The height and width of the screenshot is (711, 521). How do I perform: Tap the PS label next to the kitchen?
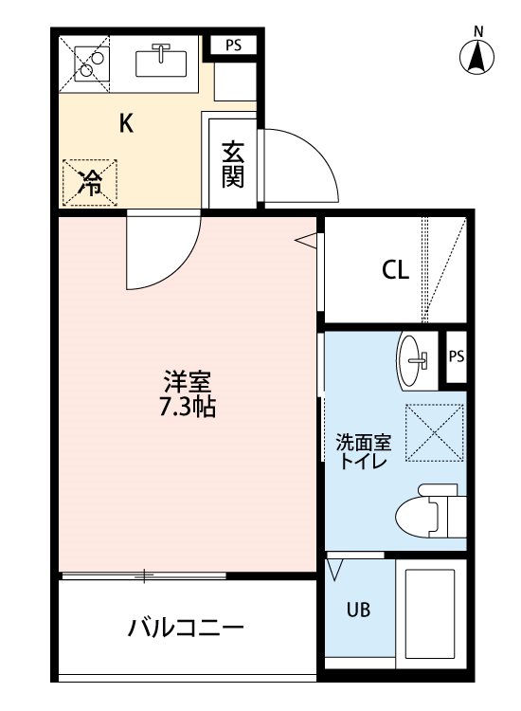click(234, 46)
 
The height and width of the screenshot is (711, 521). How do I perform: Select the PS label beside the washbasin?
click(457, 356)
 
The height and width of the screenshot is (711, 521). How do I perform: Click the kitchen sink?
click(161, 63)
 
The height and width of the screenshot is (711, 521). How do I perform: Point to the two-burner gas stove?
click(91, 64)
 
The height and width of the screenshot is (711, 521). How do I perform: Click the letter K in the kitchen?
click(126, 122)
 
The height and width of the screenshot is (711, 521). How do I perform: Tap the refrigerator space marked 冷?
click(90, 183)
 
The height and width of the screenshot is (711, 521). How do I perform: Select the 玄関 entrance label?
click(233, 165)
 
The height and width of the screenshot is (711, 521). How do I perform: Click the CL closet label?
click(396, 270)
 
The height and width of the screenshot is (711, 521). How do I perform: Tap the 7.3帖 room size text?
click(188, 407)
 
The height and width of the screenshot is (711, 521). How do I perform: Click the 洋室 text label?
click(188, 382)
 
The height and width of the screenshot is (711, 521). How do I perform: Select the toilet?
click(430, 511)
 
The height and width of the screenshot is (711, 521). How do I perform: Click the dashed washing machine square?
click(434, 432)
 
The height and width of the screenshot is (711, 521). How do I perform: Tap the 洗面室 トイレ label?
click(364, 451)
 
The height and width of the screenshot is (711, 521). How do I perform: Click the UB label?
click(358, 611)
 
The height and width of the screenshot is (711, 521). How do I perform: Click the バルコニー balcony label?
click(186, 628)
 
